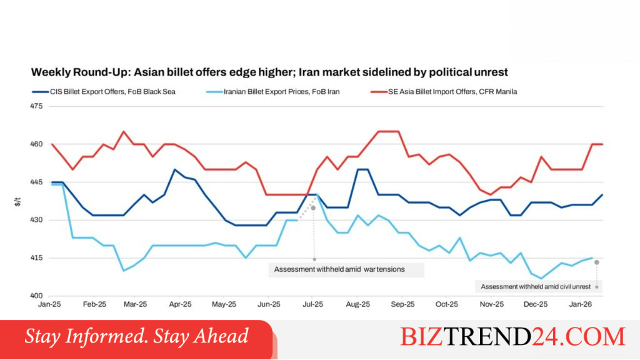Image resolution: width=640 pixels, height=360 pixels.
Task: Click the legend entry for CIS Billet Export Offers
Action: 104,92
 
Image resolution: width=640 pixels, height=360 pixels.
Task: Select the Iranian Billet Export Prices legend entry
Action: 272,92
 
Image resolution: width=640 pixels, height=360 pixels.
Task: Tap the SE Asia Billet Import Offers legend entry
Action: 444,92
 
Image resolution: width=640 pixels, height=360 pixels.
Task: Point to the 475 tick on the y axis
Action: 36,106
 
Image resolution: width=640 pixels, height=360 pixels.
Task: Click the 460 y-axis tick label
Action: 36,144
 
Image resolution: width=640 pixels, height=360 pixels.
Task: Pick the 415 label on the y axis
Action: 36,258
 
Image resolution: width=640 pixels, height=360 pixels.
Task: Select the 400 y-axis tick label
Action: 36,296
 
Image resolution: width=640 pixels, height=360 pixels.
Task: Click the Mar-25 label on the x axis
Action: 135,304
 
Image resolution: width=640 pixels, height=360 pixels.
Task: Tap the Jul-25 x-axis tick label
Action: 312,304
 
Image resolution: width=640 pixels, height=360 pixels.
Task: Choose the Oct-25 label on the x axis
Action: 446,304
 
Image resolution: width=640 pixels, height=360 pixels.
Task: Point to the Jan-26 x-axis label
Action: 581,304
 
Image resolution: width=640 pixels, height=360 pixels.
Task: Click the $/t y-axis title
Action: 17,202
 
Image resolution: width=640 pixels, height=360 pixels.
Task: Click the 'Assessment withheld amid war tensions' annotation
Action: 339,269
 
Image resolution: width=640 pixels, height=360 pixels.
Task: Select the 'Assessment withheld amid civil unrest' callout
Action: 536,286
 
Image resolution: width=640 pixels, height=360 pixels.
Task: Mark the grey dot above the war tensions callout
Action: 314,208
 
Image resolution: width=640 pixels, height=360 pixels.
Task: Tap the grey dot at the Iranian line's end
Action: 597,262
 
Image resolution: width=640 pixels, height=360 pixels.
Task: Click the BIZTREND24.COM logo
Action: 512,337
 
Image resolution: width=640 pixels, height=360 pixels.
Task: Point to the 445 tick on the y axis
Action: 36,182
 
